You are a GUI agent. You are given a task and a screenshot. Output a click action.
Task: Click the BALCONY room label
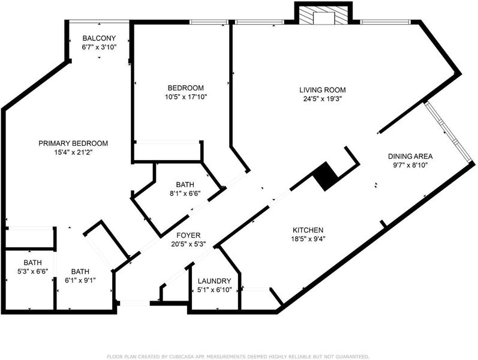pyautogui.click(x=99, y=38)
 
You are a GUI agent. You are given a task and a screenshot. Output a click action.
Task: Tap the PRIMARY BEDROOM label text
pyautogui.click(x=73, y=143)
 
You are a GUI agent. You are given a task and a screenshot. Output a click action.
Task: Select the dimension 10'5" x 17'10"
pyautogui.click(x=186, y=97)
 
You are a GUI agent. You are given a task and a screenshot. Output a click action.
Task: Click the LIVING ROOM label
pyautogui.click(x=323, y=90)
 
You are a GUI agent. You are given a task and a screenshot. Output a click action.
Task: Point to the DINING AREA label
pyautogui.click(x=410, y=156)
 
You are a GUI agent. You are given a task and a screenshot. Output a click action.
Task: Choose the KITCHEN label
pyautogui.click(x=308, y=230)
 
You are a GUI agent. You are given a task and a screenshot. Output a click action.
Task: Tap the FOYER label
pyautogui.click(x=188, y=235)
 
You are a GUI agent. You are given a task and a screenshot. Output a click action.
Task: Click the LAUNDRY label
pyautogui.click(x=214, y=281)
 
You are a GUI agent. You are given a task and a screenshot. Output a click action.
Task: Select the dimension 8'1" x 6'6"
pyautogui.click(x=185, y=193)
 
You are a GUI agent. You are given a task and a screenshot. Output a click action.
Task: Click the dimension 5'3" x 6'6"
pyautogui.click(x=32, y=271)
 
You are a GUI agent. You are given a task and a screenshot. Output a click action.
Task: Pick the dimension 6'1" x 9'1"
pyautogui.click(x=80, y=280)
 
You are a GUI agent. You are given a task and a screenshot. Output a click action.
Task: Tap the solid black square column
pyautogui.click(x=325, y=176)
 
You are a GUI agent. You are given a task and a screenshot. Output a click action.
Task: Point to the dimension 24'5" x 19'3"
pyautogui.click(x=323, y=99)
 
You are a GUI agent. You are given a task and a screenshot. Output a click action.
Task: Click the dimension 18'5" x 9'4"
pyautogui.click(x=308, y=239)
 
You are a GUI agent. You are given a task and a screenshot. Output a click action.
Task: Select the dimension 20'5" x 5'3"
pyautogui.click(x=188, y=244)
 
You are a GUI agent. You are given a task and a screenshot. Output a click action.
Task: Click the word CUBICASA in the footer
pyautogui.click(x=178, y=356)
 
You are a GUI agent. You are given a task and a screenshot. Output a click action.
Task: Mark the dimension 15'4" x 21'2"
pyautogui.click(x=73, y=152)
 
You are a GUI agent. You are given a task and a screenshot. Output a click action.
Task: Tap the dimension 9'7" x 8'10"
pyautogui.click(x=410, y=165)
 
